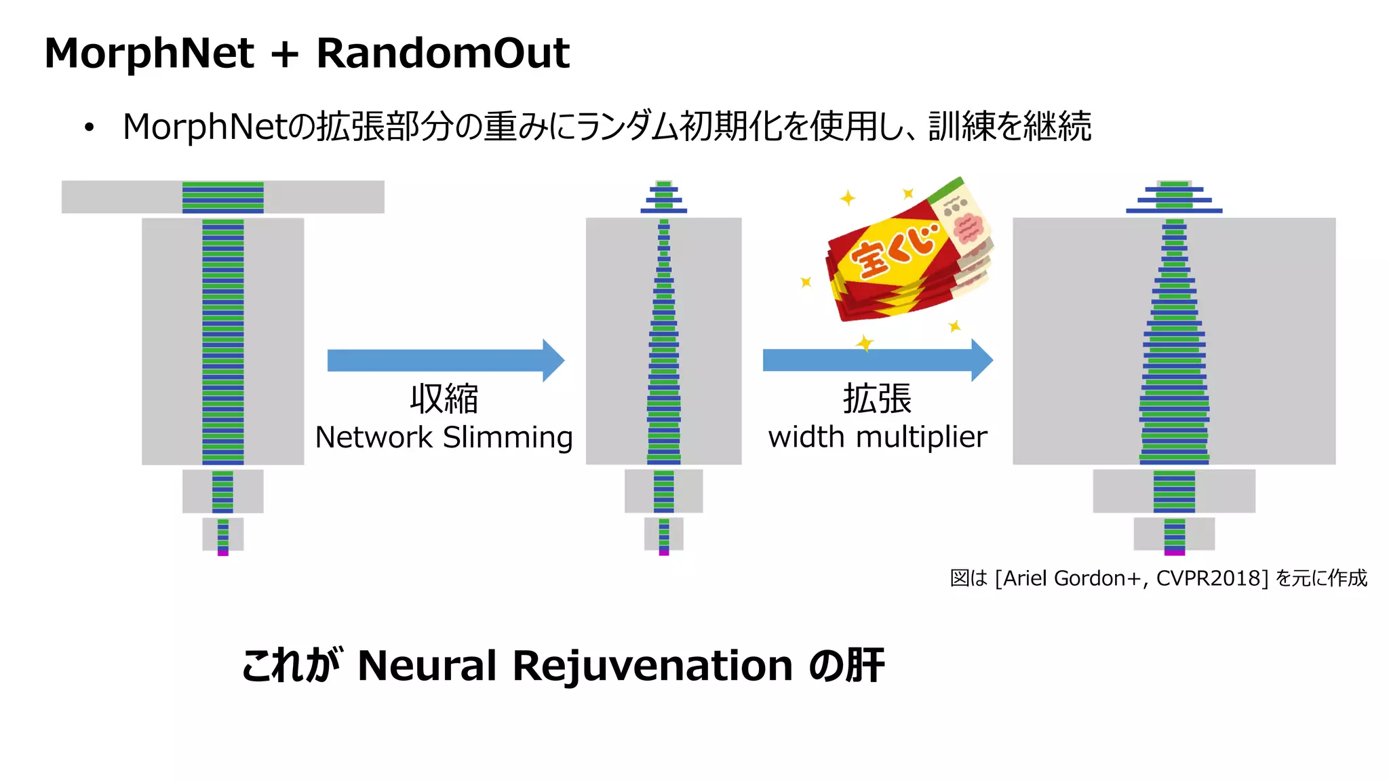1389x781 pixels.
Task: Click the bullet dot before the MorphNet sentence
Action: click(x=89, y=127)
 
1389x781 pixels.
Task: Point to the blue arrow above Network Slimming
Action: click(x=445, y=360)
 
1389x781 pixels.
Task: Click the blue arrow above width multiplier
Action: click(x=877, y=360)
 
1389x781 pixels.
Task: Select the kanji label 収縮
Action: click(x=444, y=399)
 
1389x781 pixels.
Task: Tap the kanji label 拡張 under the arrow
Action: click(x=877, y=399)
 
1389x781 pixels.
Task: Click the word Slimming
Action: click(x=508, y=437)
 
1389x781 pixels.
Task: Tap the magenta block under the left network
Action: click(x=223, y=553)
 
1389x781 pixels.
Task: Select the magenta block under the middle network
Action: click(x=664, y=553)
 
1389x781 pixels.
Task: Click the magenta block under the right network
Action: click(x=1174, y=553)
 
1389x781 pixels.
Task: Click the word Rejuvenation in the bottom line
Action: click(x=652, y=666)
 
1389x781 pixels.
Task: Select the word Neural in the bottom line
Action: click(x=427, y=666)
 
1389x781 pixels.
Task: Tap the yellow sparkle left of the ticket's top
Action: click(x=847, y=198)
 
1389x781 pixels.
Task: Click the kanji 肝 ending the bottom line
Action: click(x=865, y=666)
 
